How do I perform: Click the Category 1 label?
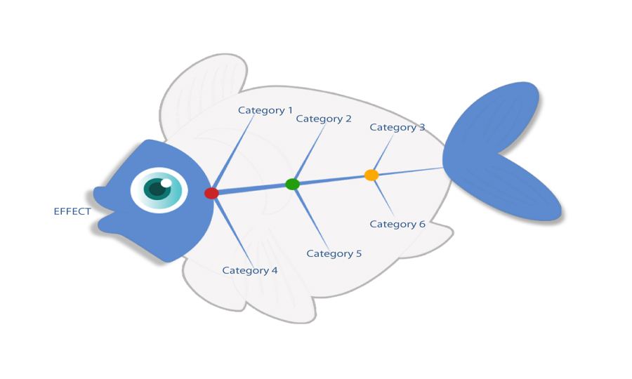click(x=265, y=110)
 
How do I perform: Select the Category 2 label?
click(x=324, y=119)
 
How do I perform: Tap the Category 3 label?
click(x=397, y=127)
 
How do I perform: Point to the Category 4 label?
click(x=250, y=270)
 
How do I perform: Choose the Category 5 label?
click(x=334, y=253)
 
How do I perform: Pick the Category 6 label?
click(x=397, y=224)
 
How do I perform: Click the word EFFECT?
click(x=72, y=211)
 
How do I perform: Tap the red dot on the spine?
click(x=211, y=193)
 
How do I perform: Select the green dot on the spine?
click(x=293, y=184)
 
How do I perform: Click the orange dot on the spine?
click(x=371, y=175)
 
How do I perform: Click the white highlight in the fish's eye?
click(x=166, y=183)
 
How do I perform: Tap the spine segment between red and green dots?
click(x=252, y=188)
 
